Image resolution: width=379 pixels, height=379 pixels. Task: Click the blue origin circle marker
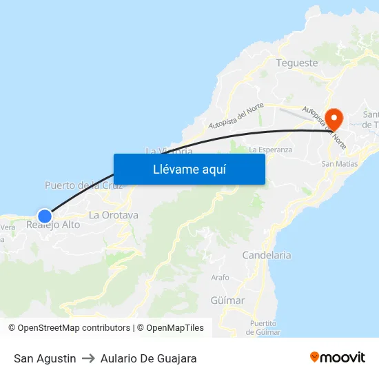point(44,216)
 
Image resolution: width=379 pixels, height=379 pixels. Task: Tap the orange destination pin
point(334,119)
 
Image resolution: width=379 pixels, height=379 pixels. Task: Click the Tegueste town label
point(297,63)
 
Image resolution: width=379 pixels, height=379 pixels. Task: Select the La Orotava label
point(114,215)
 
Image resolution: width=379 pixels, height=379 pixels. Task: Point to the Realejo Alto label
point(53,225)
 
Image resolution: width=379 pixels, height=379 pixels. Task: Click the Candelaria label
point(266,255)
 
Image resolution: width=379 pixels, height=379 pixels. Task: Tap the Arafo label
point(221,277)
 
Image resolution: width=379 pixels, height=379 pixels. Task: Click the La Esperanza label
point(270,149)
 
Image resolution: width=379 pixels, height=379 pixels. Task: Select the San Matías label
point(340,164)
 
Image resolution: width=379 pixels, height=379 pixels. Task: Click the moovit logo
point(338,358)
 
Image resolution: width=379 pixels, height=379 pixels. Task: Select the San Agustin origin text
point(45,358)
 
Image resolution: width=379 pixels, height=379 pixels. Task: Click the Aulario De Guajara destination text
point(148,358)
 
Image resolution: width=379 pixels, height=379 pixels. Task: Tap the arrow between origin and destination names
point(88,358)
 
